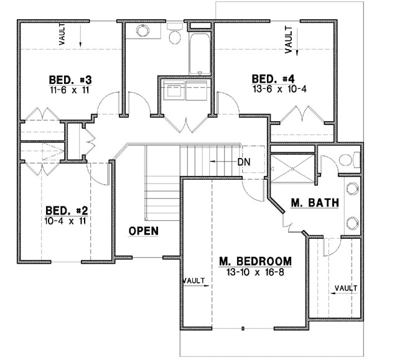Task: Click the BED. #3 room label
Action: coord(70,80)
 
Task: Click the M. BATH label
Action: coord(315,203)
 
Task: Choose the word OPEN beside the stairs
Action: coord(143,231)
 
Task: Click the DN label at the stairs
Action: coord(244,162)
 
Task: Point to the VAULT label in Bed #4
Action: coord(289,39)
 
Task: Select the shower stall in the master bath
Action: coord(292,167)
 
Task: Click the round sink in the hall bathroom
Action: coord(142,30)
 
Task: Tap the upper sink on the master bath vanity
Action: coord(353,190)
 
